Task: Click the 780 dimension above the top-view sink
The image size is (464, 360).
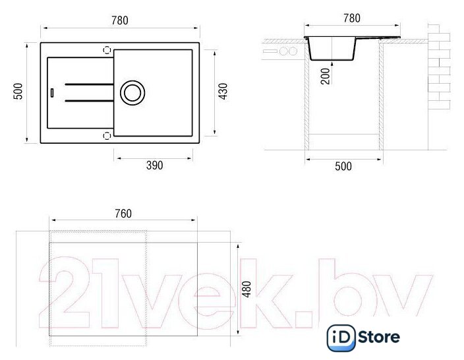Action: tap(120, 20)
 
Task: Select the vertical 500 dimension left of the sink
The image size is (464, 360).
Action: tap(18, 92)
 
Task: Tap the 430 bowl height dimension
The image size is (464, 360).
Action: tap(223, 92)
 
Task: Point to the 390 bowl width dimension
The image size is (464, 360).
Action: tap(154, 165)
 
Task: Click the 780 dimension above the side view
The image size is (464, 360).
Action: tap(352, 18)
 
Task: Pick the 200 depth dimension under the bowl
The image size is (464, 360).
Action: tap(325, 76)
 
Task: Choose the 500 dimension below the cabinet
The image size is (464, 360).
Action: tap(343, 166)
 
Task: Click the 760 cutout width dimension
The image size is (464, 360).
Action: tap(123, 214)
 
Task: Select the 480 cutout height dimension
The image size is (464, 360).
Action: tap(246, 289)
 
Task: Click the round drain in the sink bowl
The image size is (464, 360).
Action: tap(132, 93)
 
